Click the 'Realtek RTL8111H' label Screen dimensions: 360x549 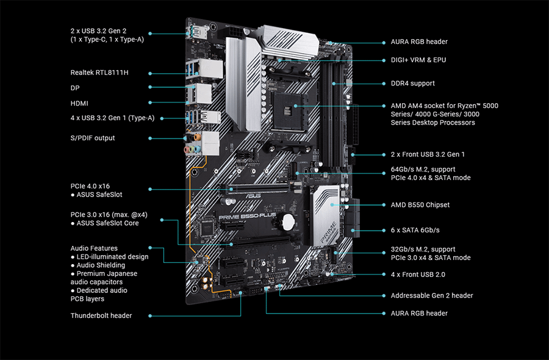tap(99, 73)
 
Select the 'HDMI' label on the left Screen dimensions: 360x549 tap(79, 104)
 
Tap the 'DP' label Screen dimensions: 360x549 tap(75, 88)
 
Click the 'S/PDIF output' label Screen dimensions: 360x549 tap(93, 138)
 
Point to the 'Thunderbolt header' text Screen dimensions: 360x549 tap(101, 315)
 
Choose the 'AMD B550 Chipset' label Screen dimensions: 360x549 tap(420, 205)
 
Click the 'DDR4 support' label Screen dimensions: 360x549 tap(412, 83)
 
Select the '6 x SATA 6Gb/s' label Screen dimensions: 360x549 tap(415, 230)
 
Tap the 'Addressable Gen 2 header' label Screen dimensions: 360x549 tap(431, 295)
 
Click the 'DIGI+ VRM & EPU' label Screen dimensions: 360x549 tap(418, 60)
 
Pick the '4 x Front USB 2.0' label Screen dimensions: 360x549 tap(417, 275)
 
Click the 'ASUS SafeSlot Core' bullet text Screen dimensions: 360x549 tap(107, 223)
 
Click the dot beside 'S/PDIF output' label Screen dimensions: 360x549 tap(151, 138)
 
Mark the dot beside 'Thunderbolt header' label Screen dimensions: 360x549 tap(151, 315)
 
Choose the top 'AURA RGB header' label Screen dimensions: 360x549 tap(418, 42)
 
